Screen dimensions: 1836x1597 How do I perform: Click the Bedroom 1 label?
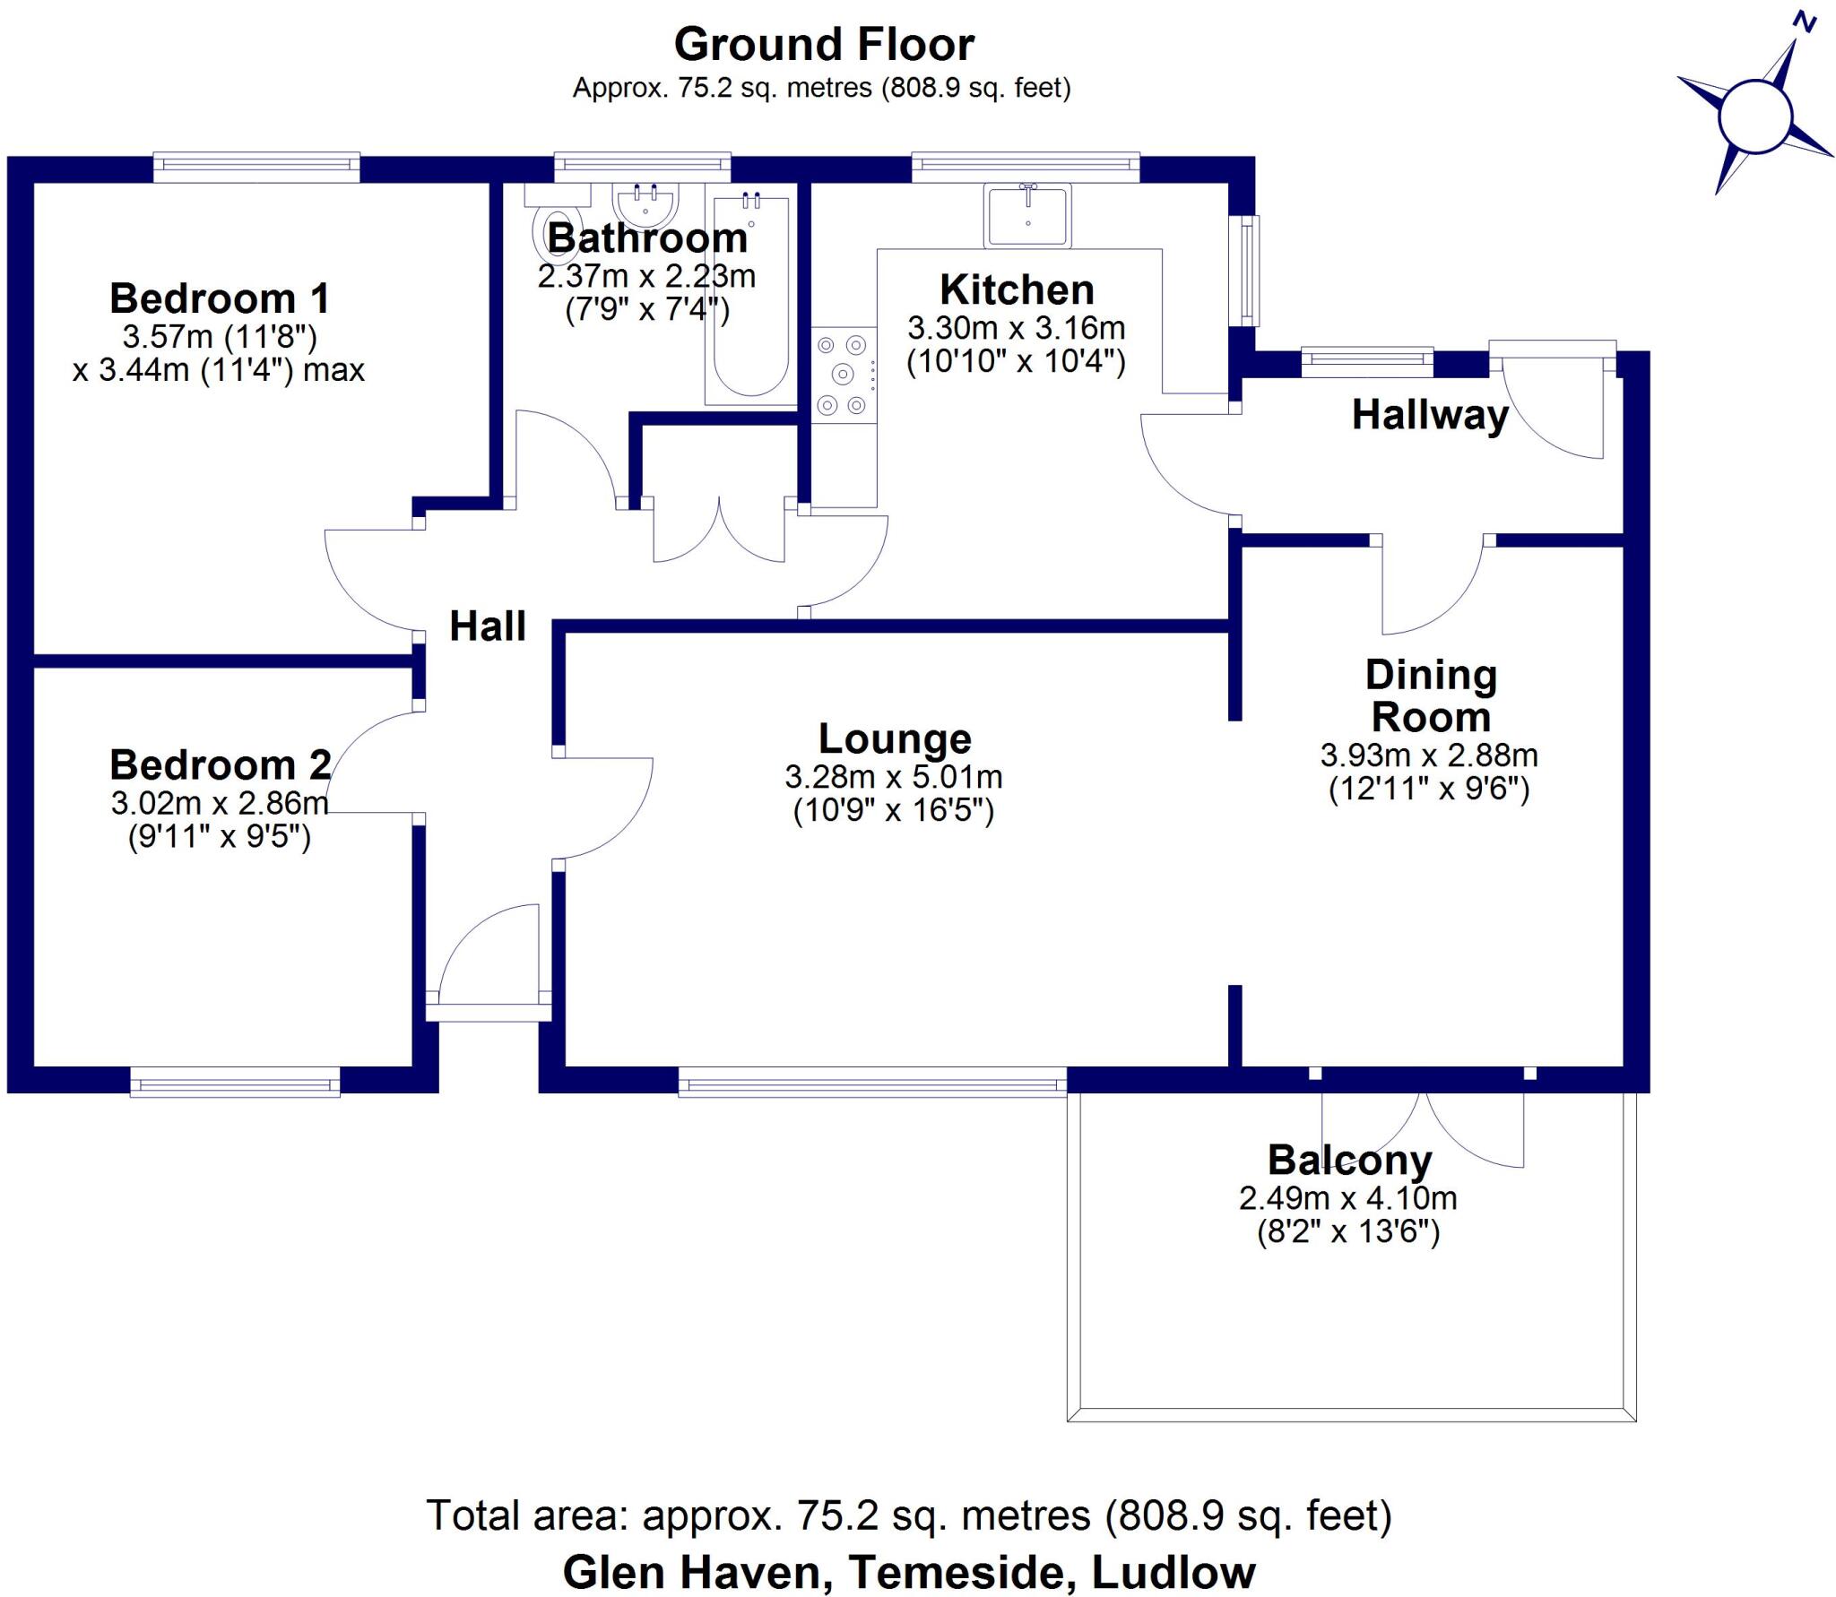220,298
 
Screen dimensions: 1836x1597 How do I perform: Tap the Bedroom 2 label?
221,764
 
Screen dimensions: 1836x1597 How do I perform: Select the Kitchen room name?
1017,289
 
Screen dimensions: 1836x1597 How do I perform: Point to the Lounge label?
895,738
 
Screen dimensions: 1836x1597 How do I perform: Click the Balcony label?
1349,1161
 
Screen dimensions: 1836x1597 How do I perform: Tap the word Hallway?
1431,415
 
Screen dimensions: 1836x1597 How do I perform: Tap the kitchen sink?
1027,215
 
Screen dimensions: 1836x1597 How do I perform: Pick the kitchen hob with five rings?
844,374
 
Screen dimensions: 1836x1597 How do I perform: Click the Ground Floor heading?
824,44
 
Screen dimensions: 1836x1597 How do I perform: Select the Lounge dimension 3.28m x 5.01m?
893,776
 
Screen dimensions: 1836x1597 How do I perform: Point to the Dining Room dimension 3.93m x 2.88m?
1429,755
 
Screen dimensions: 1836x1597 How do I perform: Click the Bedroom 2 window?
235,1082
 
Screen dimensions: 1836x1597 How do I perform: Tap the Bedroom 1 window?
256,167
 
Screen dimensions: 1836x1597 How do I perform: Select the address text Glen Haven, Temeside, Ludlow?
909,1572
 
